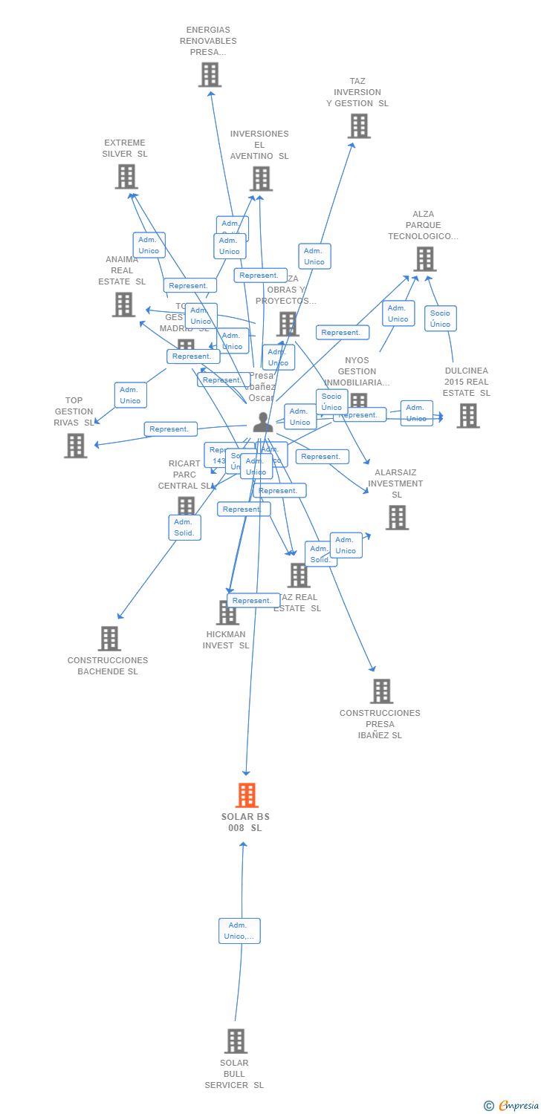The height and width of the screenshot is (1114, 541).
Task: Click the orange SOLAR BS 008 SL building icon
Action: pos(247,795)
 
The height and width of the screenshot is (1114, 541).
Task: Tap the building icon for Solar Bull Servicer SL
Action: pos(236,1040)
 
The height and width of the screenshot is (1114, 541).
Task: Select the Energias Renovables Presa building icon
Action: pos(210,74)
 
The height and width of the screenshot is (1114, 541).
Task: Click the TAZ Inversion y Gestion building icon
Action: pos(359,126)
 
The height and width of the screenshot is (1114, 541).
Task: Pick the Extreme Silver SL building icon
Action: pos(126,176)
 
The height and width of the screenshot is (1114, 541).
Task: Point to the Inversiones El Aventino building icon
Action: pos(261,178)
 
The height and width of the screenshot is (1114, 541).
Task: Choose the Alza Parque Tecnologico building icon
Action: pos(424,258)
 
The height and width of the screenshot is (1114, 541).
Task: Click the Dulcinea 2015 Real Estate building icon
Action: pos(467,415)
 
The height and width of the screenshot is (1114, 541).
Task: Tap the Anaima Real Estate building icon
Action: pos(123,304)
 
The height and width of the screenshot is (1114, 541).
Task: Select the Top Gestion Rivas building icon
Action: pos(75,446)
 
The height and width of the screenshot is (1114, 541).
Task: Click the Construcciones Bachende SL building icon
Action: pos(109,638)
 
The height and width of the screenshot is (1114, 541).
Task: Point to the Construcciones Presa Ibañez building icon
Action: pos(381,691)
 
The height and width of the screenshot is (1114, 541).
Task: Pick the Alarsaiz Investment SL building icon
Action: pos(397,517)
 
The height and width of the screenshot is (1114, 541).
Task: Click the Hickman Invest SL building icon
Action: pos(226,613)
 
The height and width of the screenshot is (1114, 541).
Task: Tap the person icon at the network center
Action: pos(262,422)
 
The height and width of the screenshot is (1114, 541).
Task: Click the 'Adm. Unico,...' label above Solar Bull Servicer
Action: pos(239,931)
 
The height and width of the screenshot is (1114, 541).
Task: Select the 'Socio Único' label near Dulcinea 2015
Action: pos(440,319)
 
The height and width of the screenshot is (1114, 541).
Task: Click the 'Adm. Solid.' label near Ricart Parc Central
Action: pos(184,527)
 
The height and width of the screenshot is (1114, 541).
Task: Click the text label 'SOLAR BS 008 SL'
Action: pos(245,822)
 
